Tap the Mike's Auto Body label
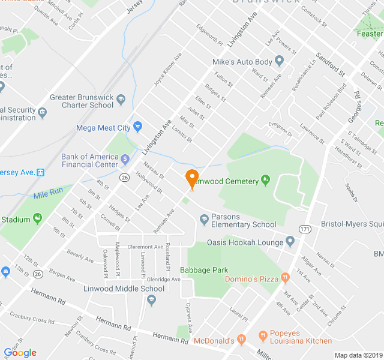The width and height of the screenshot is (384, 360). [242, 62]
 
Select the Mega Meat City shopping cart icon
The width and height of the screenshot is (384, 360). [137, 127]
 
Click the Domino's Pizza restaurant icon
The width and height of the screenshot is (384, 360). [284, 278]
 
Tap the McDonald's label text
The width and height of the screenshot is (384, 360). [214, 341]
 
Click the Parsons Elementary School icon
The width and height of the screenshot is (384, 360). [204, 220]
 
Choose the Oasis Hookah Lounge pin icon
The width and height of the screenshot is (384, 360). [290, 242]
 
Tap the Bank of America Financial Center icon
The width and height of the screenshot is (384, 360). [125, 160]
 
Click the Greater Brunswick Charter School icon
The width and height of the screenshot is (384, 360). [121, 97]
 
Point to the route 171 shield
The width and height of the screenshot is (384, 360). [306, 229]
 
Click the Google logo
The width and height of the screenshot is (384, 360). [20, 353]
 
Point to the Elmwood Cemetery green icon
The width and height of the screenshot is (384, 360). [266, 181]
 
